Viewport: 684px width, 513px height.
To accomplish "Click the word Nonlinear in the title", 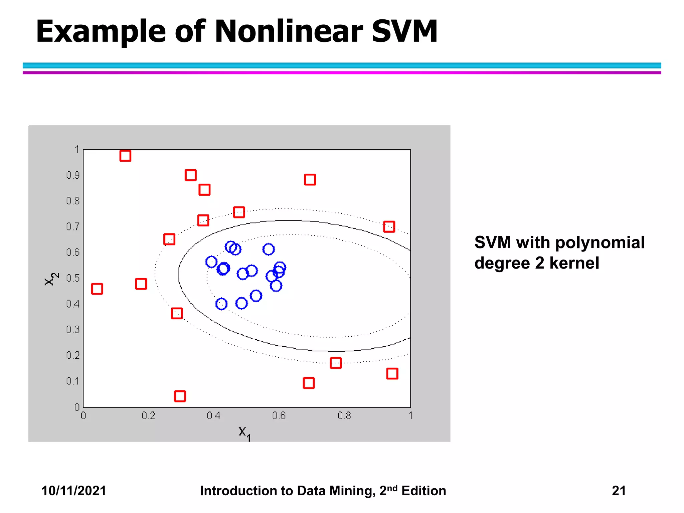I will tap(289, 31).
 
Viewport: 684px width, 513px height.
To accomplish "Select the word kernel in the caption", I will tap(574, 263).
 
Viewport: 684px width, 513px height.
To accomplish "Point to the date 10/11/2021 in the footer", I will tap(73, 491).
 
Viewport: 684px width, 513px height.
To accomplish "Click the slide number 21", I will tap(619, 491).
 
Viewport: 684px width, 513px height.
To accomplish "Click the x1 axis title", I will tap(244, 433).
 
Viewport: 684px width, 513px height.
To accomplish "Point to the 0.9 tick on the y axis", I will tap(73, 175).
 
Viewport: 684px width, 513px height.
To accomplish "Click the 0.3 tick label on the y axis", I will tap(73, 330).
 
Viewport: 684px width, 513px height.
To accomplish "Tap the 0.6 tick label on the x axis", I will tap(279, 416).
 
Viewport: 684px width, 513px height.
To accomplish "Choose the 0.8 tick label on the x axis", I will tap(344, 416).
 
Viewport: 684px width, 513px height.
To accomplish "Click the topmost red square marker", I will tap(125, 156).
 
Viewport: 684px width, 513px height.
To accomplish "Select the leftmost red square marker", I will tap(97, 289).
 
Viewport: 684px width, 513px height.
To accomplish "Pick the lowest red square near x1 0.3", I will tap(180, 396).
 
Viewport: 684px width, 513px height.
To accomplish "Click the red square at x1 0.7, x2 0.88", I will tap(310, 180).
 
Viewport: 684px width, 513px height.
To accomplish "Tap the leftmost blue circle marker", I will tap(211, 262).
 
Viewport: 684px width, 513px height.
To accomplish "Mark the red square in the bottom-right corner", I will tap(392, 373).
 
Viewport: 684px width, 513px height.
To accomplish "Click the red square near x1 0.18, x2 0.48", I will tap(141, 284).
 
